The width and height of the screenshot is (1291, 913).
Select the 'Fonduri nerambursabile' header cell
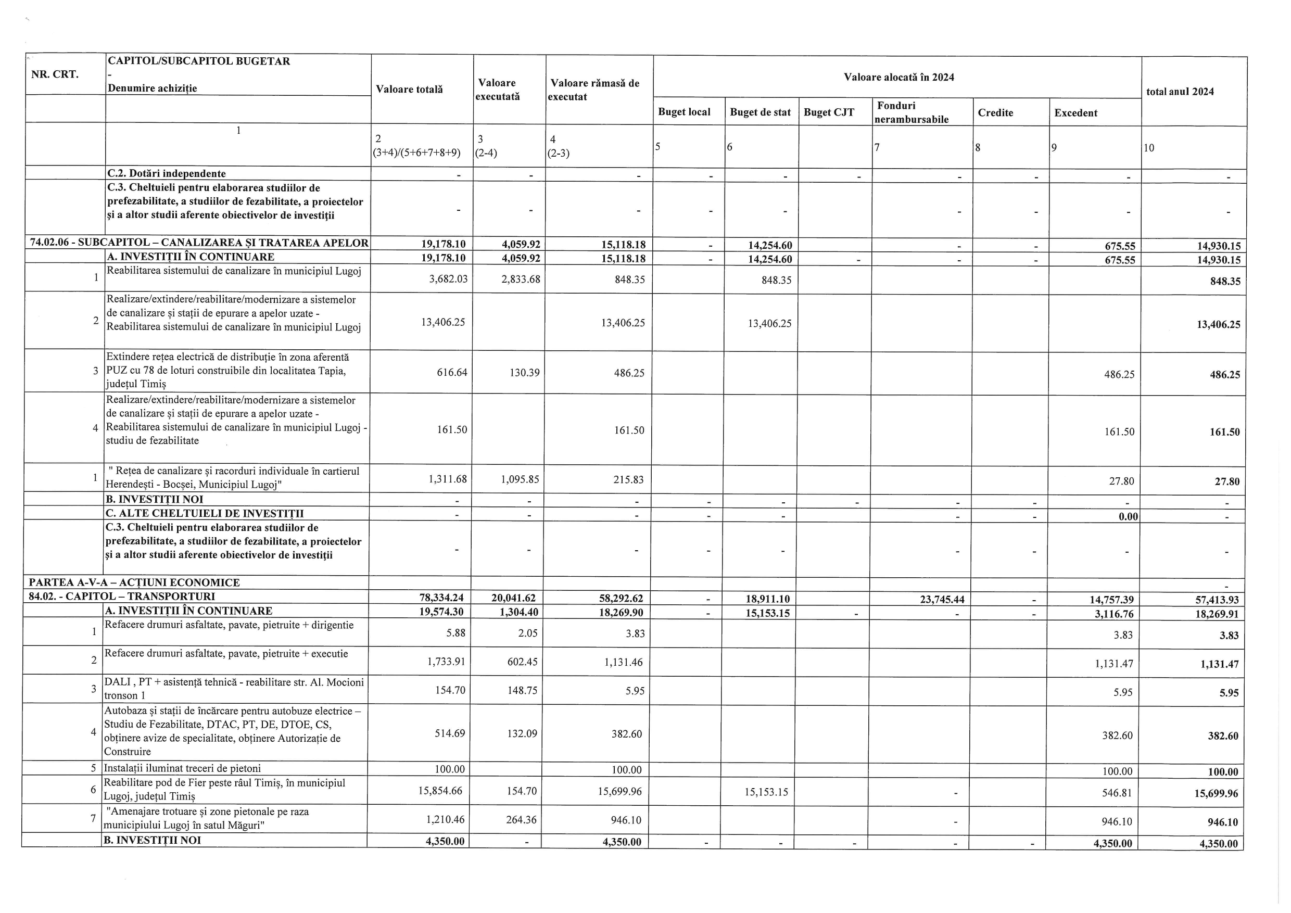[x=911, y=112]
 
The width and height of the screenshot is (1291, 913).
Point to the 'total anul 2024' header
[x=1180, y=92]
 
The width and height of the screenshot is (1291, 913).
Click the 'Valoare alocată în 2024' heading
[x=898, y=78]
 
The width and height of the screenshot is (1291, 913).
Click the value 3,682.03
[x=448, y=280]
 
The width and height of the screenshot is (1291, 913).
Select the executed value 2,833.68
[x=520, y=280]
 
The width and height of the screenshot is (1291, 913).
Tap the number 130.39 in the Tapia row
[x=524, y=373]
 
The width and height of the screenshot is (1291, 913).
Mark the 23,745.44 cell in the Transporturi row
[x=942, y=599]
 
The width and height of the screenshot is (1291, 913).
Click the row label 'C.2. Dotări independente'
[x=167, y=174]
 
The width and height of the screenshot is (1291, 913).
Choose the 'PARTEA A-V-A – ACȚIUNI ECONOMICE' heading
[x=134, y=582]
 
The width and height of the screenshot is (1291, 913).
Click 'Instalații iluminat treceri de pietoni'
[x=182, y=768]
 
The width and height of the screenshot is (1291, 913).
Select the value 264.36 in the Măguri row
[x=520, y=820]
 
